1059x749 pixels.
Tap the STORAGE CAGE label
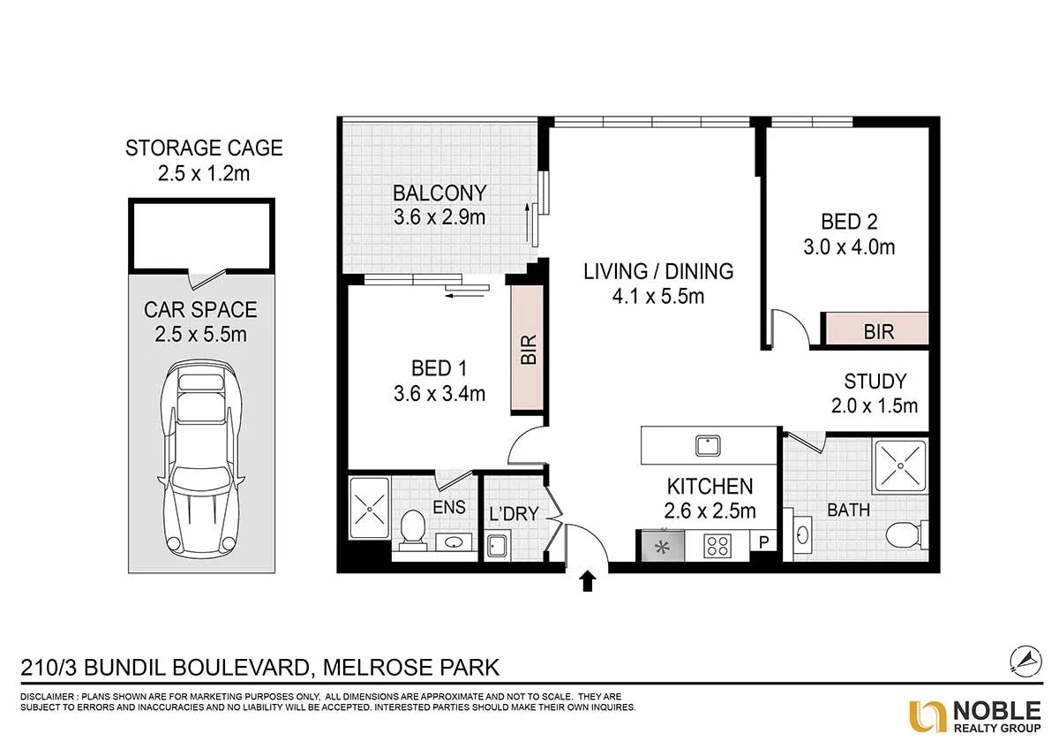coord(204,148)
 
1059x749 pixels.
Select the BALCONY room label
coord(439,193)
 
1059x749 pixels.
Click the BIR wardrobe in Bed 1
coord(529,349)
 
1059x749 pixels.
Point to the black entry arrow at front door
coord(589,581)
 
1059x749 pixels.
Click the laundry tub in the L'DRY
coord(496,547)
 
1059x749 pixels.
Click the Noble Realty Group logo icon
coord(927,715)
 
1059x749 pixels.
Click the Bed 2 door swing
coord(788,328)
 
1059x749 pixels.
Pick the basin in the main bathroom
coord(802,535)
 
